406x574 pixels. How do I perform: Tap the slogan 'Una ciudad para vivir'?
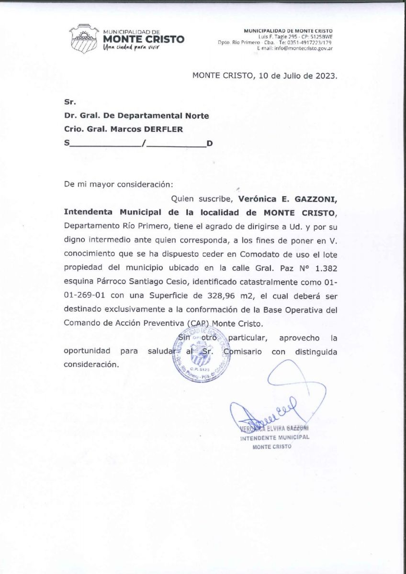click(x=130, y=48)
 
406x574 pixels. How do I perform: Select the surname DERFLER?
click(x=148, y=128)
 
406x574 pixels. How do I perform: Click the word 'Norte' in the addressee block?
click(x=197, y=115)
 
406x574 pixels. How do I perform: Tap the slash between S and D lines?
click(x=144, y=143)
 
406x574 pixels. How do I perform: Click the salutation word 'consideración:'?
click(x=145, y=184)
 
